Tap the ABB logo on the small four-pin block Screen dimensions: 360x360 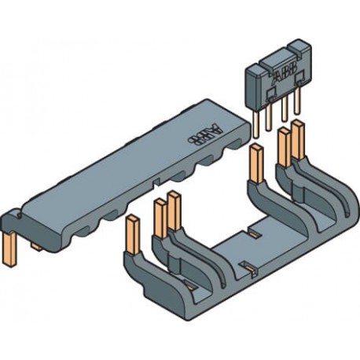pos(281,77)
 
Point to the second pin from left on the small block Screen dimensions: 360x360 pos(270,115)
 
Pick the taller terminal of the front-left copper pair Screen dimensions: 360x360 pos(174,213)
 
